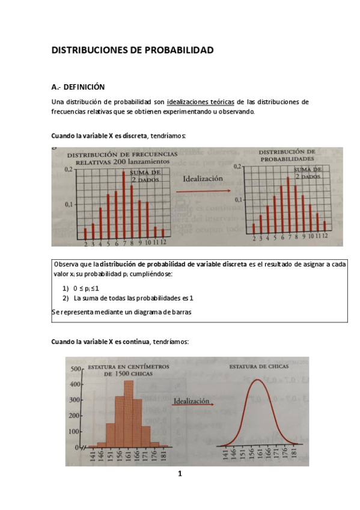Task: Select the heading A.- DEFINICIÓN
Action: (x=78, y=87)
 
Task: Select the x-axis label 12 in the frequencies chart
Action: (x=163, y=244)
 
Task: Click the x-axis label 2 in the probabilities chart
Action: (x=254, y=239)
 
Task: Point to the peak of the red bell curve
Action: (x=257, y=380)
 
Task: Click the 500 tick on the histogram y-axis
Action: (x=76, y=368)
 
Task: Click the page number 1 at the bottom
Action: (x=179, y=474)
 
